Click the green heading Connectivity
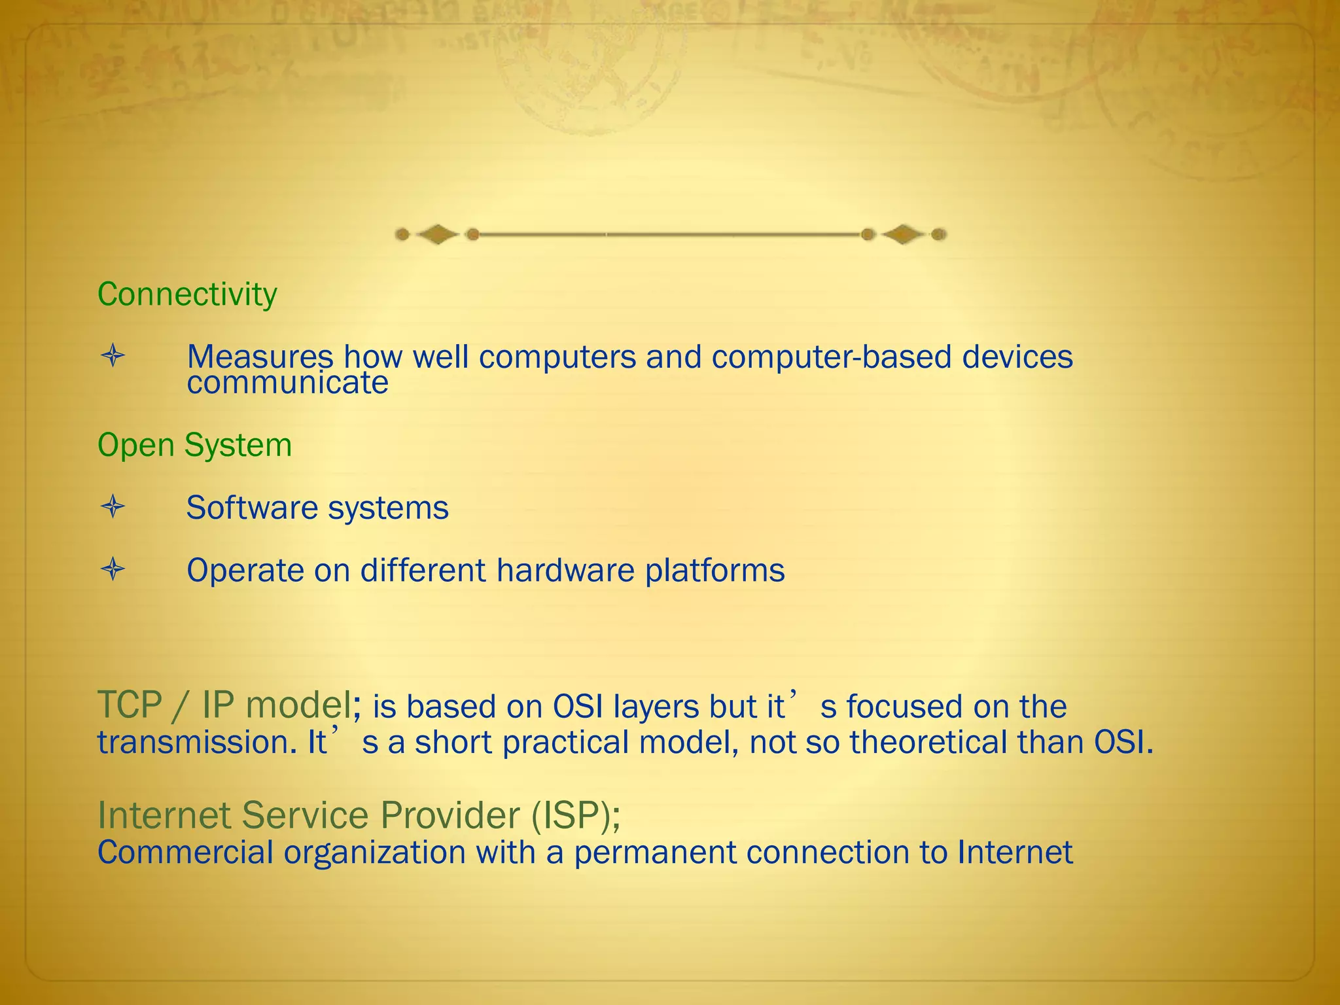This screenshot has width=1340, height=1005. click(187, 294)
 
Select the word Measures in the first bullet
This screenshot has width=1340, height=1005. click(260, 357)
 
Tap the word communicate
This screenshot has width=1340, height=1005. click(287, 383)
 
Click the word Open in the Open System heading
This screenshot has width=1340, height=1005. click(137, 446)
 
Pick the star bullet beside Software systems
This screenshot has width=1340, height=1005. click(113, 507)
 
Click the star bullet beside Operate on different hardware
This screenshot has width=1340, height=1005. click(113, 569)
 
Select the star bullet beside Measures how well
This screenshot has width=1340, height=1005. click(113, 357)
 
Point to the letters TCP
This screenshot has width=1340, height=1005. click(130, 705)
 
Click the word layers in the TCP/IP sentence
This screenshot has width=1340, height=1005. click(657, 707)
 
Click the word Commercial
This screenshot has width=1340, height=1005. click(185, 853)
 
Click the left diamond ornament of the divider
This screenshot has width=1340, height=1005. click(437, 234)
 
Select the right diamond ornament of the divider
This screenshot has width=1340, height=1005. click(903, 234)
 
